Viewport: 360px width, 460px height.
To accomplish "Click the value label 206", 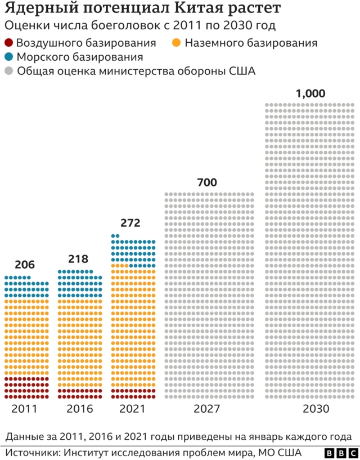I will (x=25, y=265).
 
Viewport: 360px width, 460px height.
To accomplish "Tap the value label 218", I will (x=79, y=260).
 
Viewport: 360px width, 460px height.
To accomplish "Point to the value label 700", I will (x=207, y=182).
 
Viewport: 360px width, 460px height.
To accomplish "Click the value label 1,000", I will (x=310, y=94).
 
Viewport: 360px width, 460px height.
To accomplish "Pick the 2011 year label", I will (x=25, y=409).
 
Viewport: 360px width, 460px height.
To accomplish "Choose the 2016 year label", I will (x=79, y=409).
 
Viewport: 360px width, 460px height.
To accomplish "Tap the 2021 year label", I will (x=133, y=409).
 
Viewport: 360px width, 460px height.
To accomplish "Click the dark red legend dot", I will (x=8, y=43).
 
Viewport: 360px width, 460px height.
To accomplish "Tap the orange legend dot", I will (x=177, y=43).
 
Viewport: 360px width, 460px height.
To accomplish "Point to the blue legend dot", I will (x=8, y=57).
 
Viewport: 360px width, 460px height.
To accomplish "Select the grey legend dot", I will (x=8, y=72).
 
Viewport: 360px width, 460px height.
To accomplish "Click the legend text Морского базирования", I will (x=79, y=57).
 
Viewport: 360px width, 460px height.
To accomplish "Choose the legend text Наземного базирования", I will (x=251, y=43).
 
